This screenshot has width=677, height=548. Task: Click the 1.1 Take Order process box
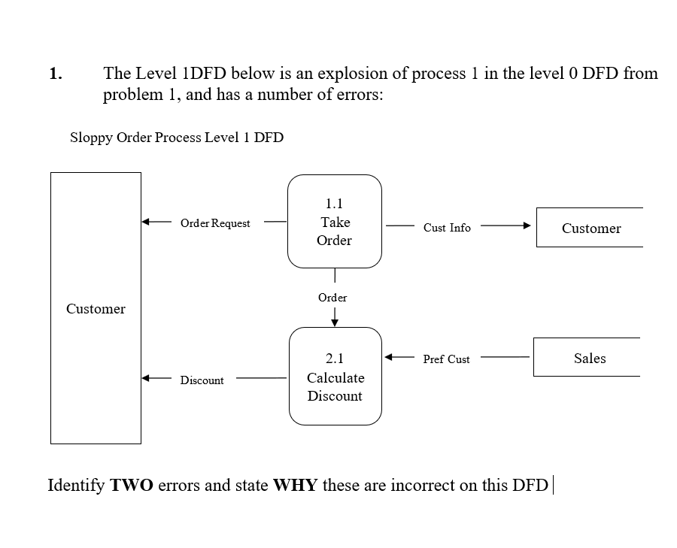click(335, 222)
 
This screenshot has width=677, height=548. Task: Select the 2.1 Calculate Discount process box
click(335, 377)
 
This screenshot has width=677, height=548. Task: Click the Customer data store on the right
click(591, 229)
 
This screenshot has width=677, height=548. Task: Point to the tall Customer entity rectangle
click(96, 309)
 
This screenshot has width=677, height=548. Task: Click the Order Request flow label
click(215, 223)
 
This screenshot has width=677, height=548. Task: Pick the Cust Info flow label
click(447, 228)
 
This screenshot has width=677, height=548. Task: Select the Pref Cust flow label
click(446, 359)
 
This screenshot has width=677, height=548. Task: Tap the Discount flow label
click(202, 380)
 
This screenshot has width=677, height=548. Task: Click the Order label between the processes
click(332, 298)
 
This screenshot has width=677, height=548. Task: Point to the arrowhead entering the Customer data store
click(527, 226)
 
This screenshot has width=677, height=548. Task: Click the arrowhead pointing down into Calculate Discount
click(335, 322)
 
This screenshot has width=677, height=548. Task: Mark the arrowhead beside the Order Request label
click(147, 223)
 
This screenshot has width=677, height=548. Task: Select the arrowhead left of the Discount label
click(147, 378)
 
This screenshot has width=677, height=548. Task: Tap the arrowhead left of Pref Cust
click(390, 358)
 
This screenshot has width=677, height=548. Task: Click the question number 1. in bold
click(55, 74)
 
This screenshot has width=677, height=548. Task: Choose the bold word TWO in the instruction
click(132, 485)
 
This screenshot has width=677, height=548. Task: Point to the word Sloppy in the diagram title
click(90, 138)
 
